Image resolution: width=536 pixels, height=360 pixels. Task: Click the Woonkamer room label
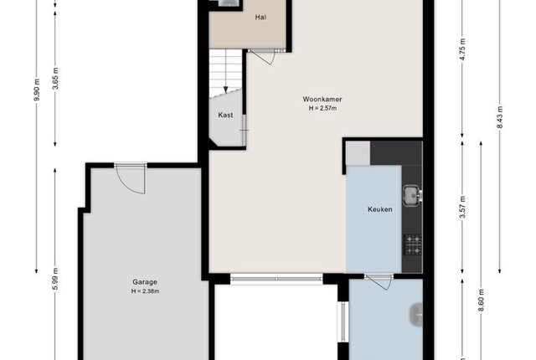pos(322,99)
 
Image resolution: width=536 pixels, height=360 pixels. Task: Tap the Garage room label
pos(145,282)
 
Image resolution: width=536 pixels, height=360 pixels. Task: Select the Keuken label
pos(379,209)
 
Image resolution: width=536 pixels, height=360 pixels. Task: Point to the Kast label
pos(225,115)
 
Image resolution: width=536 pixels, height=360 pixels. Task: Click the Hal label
pos(260,17)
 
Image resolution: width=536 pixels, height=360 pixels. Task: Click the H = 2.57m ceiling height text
pos(322,108)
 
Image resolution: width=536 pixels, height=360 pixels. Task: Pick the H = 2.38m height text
pos(145,291)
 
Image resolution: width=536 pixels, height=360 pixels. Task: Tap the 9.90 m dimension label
pos(37,89)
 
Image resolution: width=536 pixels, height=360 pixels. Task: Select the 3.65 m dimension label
pos(56,79)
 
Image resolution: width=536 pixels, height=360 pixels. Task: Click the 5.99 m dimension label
pos(56,279)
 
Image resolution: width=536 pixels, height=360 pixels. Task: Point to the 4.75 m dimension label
pos(462,49)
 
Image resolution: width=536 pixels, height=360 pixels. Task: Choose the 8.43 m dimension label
pos(500,117)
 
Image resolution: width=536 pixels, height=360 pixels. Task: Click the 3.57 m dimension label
pos(462,208)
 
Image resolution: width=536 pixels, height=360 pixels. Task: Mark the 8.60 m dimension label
pos(482,301)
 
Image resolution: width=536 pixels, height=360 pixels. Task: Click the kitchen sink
pos(412,195)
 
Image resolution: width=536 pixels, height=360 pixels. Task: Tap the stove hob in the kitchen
pos(413,244)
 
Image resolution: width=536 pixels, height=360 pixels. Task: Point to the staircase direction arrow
pos(225,71)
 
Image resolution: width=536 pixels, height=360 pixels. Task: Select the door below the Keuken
pos(379,281)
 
